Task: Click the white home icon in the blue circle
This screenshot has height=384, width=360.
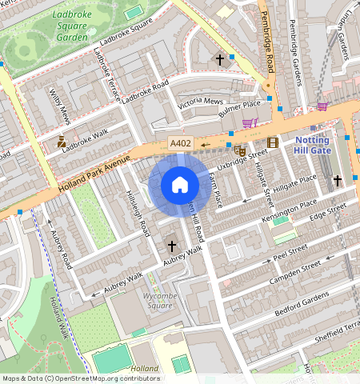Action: (x=180, y=185)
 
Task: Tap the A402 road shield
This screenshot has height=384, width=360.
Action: (x=179, y=144)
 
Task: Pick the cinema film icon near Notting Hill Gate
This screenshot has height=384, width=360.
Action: (x=274, y=143)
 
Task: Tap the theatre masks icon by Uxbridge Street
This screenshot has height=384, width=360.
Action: (x=238, y=150)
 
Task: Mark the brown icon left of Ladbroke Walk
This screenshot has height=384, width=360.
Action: (x=62, y=142)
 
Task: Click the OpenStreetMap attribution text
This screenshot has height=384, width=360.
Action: (x=80, y=378)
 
